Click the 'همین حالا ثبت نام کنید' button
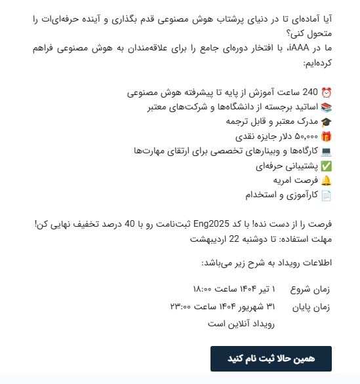pos(271,358)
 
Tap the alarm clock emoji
pos(326,92)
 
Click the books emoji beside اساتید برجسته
pos(326,107)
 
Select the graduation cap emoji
pos(326,121)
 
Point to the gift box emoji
pos(326,136)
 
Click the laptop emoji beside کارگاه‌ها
pos(326,151)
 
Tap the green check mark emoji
pos(326,166)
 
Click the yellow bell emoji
pos(326,180)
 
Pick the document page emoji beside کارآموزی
pos(326,195)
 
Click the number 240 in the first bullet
pos(310,92)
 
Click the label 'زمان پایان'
pos(315,306)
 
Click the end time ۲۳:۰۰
pos(183,306)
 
